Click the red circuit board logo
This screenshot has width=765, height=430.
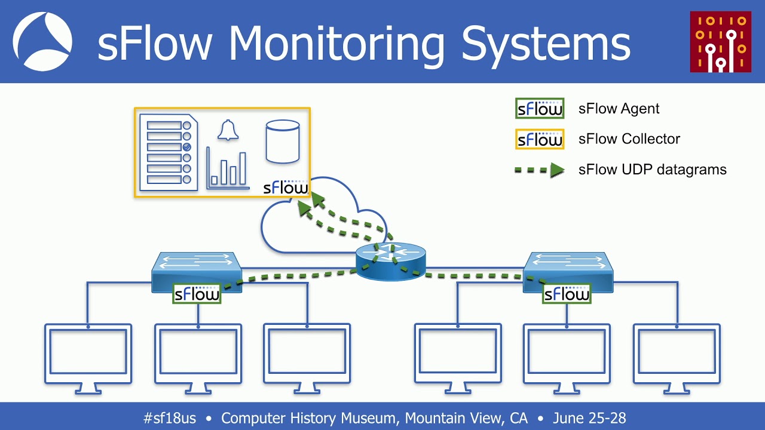pos(720,42)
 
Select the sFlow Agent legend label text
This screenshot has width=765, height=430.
pos(619,109)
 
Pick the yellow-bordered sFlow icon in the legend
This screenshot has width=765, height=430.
pos(540,139)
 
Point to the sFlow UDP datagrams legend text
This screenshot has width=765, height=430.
pos(652,170)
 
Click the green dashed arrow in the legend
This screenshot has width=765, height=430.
pos(540,170)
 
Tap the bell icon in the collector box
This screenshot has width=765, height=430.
pos(228,130)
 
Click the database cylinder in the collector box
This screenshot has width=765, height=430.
pos(282,142)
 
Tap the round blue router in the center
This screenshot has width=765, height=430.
pos(391,263)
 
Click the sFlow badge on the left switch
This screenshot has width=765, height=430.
pos(197,293)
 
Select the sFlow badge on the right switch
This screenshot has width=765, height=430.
pos(566,293)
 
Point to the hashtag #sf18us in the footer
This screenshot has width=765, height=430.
pos(169,418)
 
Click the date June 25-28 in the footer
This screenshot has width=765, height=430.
pos(589,418)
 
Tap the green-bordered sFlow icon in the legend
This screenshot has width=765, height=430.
pos(540,109)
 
